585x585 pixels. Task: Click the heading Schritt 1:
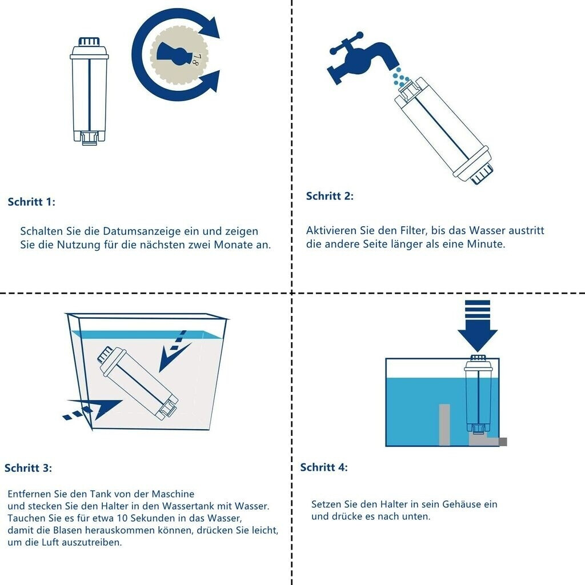click(31, 202)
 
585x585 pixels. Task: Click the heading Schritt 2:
click(330, 196)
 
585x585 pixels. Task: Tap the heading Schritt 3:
click(29, 468)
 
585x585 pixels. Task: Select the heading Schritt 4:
click(324, 467)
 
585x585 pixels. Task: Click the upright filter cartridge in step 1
click(89, 91)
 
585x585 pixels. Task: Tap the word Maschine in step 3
click(173, 494)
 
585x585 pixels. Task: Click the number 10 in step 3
click(122, 518)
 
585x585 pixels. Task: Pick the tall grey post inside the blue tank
click(444, 424)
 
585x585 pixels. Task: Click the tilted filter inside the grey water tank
click(138, 383)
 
